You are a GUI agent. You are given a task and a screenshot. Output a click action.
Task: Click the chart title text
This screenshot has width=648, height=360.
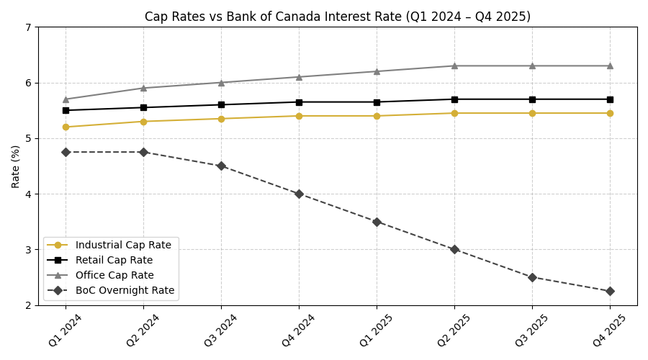pos(338,17)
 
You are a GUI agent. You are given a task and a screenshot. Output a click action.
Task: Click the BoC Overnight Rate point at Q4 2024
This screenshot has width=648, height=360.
pos(299,194)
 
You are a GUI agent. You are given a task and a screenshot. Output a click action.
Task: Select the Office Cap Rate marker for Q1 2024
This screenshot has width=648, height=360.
pos(66,99)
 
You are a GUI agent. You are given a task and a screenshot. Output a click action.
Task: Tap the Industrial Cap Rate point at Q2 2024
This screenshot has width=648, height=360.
pos(143,122)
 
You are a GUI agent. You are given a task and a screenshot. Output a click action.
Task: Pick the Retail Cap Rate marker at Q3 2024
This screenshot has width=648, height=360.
pos(221,105)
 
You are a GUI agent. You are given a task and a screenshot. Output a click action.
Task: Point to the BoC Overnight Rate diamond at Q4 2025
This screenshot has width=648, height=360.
pos(610,291)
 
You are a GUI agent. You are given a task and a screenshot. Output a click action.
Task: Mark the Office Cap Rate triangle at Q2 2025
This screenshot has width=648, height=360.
pos(454,66)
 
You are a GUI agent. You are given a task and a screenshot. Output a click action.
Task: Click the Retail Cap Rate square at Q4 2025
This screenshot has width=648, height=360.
pos(610,99)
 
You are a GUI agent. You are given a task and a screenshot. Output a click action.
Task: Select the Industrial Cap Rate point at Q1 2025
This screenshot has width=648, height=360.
pos(377,116)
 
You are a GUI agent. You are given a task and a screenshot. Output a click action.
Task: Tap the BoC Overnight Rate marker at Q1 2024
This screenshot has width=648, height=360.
pos(66,152)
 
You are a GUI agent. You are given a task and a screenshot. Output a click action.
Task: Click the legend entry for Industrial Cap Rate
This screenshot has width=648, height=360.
pos(123,245)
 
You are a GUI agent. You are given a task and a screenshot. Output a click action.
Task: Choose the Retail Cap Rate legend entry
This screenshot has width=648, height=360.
pos(114,260)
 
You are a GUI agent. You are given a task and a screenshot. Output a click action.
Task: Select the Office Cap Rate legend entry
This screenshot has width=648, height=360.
pos(114,275)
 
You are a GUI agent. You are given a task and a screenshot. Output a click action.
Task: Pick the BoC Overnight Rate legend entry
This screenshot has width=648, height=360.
pos(125,290)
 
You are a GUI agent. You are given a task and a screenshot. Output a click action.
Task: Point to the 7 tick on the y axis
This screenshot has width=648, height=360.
pos(28,27)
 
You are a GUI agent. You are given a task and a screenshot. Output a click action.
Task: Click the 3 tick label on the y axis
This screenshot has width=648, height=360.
pos(28,250)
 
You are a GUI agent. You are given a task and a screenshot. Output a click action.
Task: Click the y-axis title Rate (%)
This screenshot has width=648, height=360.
pos(16,166)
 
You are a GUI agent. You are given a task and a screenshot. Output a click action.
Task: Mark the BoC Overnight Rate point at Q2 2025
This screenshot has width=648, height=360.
pos(454,249)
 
